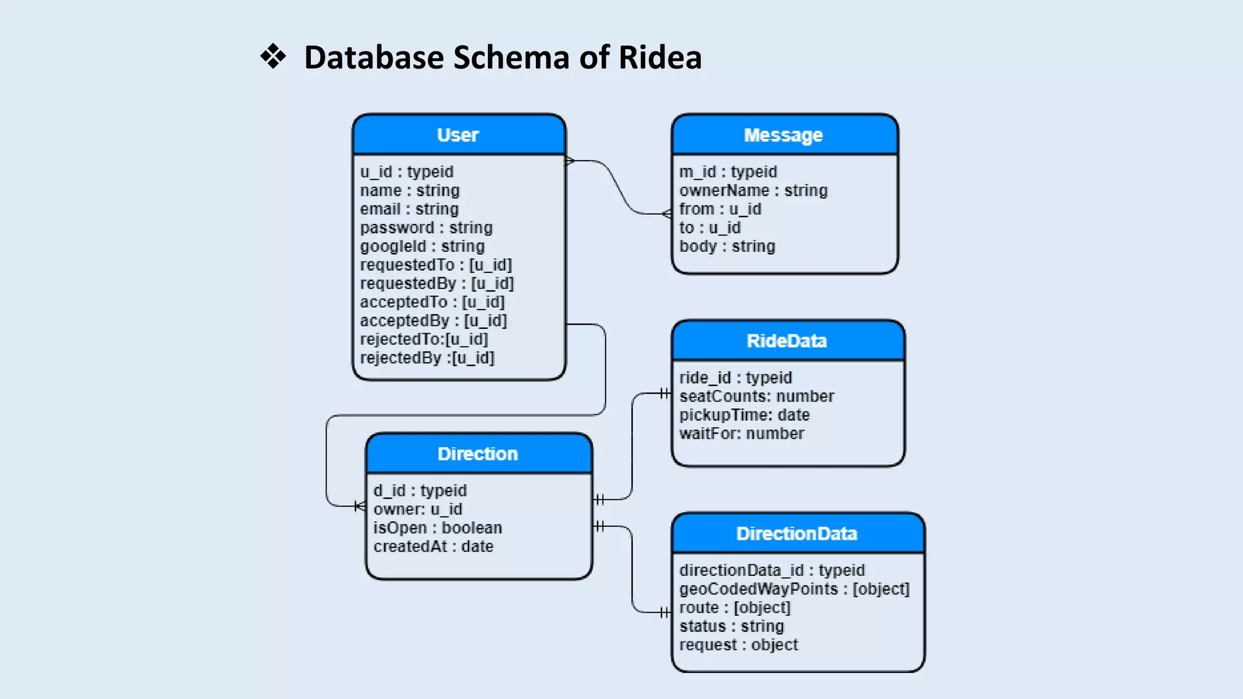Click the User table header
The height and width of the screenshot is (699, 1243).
tap(458, 135)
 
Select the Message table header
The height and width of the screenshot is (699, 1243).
tap(784, 135)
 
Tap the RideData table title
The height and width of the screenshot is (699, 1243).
tap(787, 341)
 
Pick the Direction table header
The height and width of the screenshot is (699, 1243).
tap(478, 454)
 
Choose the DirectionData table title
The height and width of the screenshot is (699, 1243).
tap(797, 533)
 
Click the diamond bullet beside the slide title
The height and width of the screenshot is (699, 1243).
tap(273, 56)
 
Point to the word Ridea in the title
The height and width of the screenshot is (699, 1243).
tap(660, 58)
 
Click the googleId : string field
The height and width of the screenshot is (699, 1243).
tap(422, 246)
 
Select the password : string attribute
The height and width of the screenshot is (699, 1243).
tap(426, 228)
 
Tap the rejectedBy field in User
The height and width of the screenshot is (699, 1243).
tap(427, 358)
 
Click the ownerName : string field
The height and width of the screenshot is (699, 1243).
tap(753, 191)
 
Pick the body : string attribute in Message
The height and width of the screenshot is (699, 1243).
tap(727, 246)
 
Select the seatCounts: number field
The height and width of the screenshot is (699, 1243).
tap(757, 396)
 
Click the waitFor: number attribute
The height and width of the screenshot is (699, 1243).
tap(742, 433)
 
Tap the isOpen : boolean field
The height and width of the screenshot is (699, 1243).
tap(438, 528)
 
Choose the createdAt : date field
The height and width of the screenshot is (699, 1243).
tap(433, 546)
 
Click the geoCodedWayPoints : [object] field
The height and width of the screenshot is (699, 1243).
tap(794, 589)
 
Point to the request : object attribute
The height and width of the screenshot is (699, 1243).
tap(739, 644)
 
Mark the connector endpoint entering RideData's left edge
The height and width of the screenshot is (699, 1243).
tap(666, 394)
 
